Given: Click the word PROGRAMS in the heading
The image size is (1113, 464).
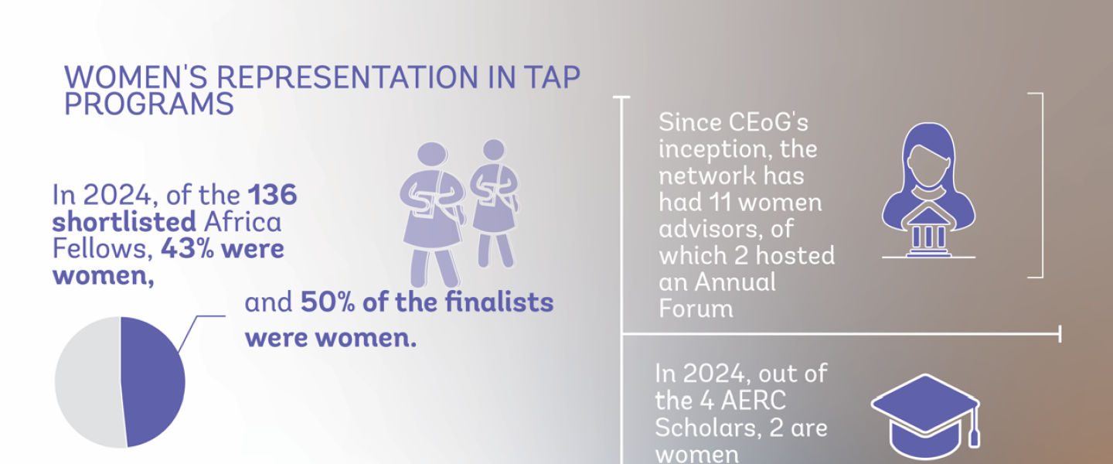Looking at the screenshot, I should click(x=149, y=104).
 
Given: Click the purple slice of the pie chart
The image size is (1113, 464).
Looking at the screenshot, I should click(x=155, y=381).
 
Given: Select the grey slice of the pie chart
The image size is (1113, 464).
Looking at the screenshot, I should click(x=85, y=381).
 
